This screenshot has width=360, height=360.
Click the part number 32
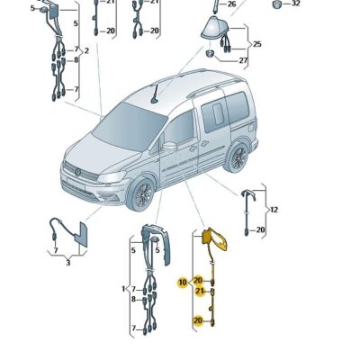pyautogui.click(x=296, y=4)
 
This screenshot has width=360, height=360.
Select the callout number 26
pyautogui.click(x=231, y=4)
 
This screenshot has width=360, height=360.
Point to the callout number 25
pyautogui.click(x=256, y=43)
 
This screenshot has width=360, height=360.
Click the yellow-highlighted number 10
pyautogui.click(x=182, y=282)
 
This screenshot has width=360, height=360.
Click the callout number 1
pyautogui.click(x=123, y=289)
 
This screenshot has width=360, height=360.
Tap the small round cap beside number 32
pyautogui.click(x=276, y=4)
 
